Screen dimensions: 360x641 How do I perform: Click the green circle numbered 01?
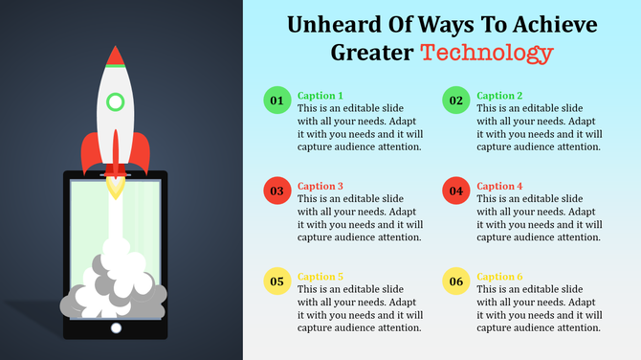click(276, 101)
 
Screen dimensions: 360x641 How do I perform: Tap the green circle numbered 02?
click(456, 101)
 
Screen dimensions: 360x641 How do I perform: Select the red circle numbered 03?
click(276, 191)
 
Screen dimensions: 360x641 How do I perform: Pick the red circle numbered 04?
click(456, 191)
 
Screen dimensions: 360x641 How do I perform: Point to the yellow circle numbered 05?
click(276, 281)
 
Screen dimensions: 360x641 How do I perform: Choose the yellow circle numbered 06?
click(456, 281)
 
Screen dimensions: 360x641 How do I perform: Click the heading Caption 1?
click(320, 96)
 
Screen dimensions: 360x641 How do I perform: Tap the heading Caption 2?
click(499, 96)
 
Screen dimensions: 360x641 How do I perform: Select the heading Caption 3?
click(320, 186)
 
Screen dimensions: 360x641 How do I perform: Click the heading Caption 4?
click(499, 186)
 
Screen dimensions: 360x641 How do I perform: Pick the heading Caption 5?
click(320, 277)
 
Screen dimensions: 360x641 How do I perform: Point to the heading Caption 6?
click(499, 277)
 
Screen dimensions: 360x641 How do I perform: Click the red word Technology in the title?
click(488, 53)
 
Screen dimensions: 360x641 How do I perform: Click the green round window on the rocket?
click(116, 101)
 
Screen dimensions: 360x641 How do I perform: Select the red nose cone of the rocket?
click(116, 57)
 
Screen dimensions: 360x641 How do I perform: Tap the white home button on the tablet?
click(116, 327)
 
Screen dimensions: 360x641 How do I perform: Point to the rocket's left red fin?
click(89, 153)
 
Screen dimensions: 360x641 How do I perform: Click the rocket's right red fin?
click(142, 153)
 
